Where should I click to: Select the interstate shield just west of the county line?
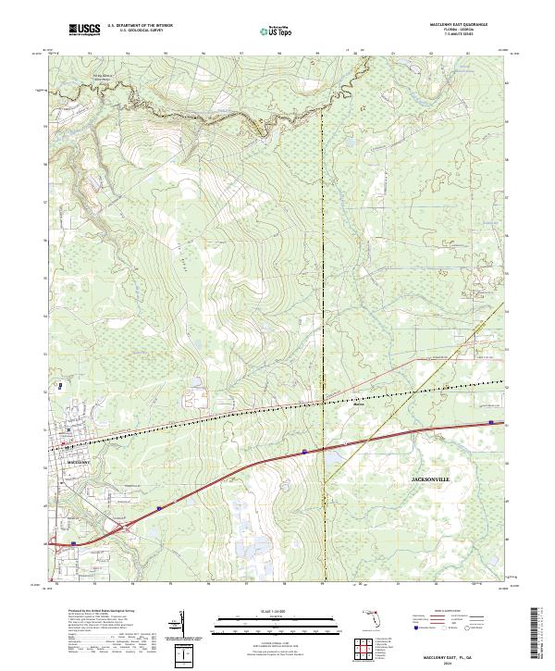304,452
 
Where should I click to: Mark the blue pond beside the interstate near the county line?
332,454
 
